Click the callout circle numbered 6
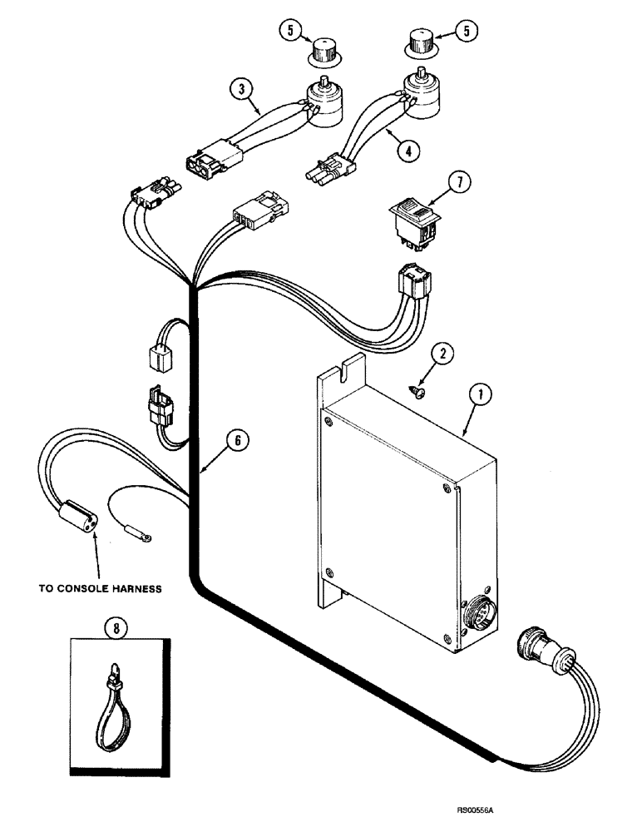tap(237, 441)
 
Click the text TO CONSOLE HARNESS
tap(100, 588)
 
